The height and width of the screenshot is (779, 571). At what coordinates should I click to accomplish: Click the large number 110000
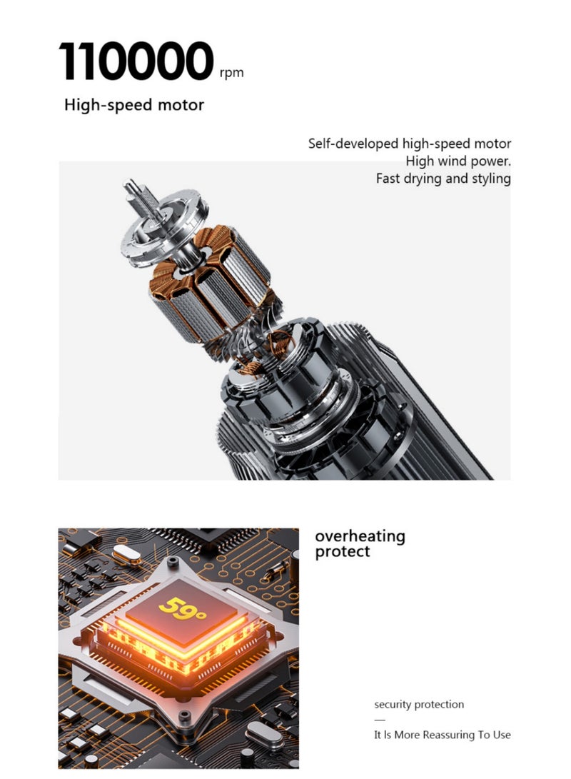(136, 61)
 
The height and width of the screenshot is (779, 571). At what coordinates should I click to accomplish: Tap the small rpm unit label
(231, 73)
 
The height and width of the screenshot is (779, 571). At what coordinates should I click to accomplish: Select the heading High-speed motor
(134, 105)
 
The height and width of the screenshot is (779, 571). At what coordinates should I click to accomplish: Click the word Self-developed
(353, 144)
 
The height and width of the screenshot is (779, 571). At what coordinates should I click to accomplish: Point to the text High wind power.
(458, 161)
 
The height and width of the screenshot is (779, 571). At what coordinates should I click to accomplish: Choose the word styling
(491, 179)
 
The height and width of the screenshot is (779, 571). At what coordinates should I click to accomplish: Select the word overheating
(360, 536)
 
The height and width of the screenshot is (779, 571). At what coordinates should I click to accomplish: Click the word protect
(343, 551)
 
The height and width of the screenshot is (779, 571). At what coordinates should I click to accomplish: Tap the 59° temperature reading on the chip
(182, 608)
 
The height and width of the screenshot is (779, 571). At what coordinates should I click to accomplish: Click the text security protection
(419, 705)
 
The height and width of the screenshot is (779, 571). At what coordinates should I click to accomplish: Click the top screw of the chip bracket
(172, 562)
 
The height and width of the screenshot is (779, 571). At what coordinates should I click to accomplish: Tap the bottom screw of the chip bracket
(185, 716)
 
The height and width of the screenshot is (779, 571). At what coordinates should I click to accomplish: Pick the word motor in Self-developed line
(492, 144)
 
